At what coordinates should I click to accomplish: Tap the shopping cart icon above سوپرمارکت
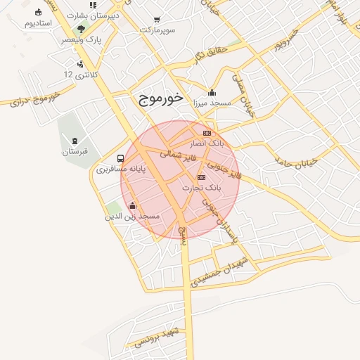pyautogui.click(x=156, y=21)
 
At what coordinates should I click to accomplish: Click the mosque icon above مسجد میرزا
pyautogui.click(x=212, y=92)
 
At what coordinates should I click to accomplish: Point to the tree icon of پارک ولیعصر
pyautogui.click(x=82, y=30)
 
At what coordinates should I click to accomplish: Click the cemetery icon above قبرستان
pyautogui.click(x=75, y=141)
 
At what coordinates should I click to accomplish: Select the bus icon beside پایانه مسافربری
pyautogui.click(x=121, y=158)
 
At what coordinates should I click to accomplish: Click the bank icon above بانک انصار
pyautogui.click(x=207, y=133)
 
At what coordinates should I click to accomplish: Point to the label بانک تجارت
pyautogui.click(x=202, y=188)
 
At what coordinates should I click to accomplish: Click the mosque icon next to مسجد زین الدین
pyautogui.click(x=133, y=206)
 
